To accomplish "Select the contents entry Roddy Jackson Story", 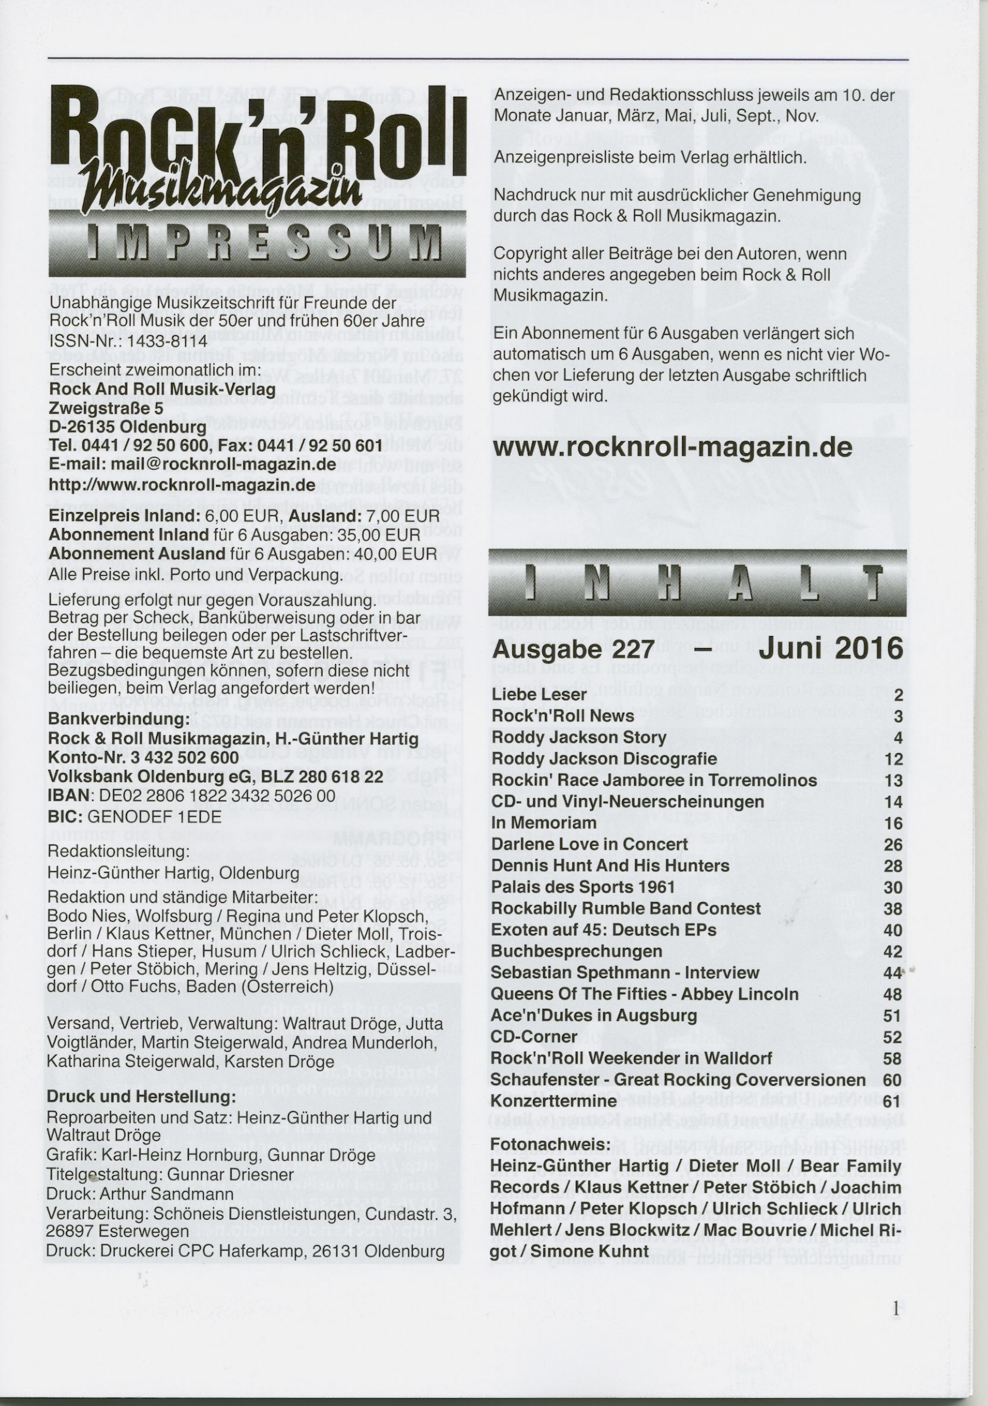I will click(579, 737).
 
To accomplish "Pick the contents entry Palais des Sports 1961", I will click(583, 887).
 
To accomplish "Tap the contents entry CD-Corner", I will click(534, 1037).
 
